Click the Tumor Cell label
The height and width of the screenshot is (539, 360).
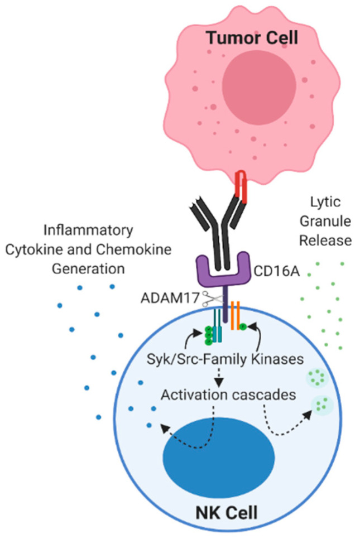click(252, 37)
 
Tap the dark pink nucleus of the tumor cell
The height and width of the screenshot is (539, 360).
click(259, 84)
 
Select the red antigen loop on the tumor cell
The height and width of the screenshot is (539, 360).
click(241, 187)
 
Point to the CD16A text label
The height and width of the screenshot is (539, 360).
click(277, 272)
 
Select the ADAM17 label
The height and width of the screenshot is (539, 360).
click(170, 298)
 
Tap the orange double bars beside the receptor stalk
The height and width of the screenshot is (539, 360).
click(236, 316)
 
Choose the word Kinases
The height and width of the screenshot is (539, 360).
click(277, 359)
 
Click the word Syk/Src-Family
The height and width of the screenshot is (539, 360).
click(197, 359)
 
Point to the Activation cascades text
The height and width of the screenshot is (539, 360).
click(228, 394)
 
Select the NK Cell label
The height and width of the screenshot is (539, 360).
click(227, 513)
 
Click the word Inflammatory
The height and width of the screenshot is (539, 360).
click(88, 230)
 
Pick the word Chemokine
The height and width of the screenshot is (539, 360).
click(133, 249)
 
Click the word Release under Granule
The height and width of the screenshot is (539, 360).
click(325, 240)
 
